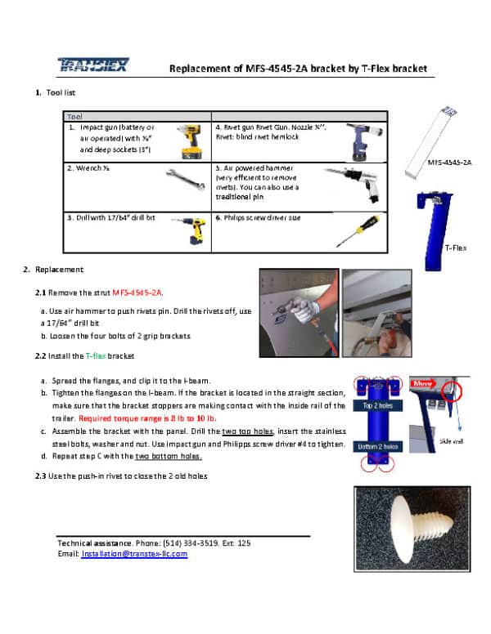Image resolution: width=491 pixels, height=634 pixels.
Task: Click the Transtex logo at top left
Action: [92, 65]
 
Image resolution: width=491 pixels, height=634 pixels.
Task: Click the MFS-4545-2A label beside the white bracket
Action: [449, 163]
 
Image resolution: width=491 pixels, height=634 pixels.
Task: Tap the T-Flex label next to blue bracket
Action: [455, 247]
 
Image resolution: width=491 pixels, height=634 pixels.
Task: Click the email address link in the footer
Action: [134, 554]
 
